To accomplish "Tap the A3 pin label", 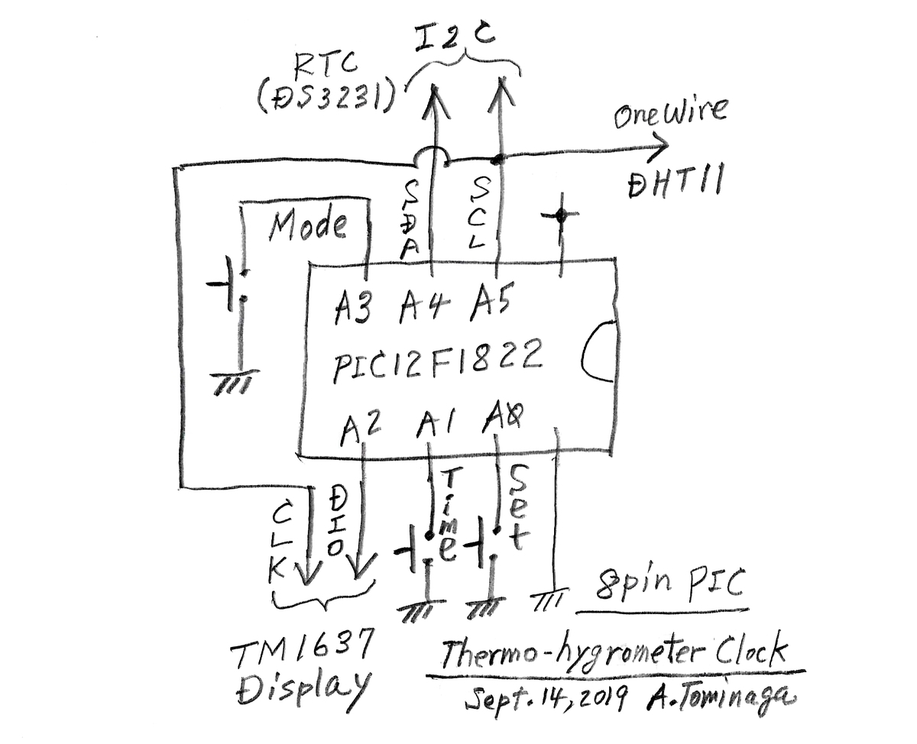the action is [x=352, y=308].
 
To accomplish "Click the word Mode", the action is [x=307, y=225].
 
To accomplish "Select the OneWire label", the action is [x=670, y=113].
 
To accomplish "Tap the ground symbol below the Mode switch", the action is [x=235, y=382].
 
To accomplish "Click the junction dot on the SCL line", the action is [x=497, y=160].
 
